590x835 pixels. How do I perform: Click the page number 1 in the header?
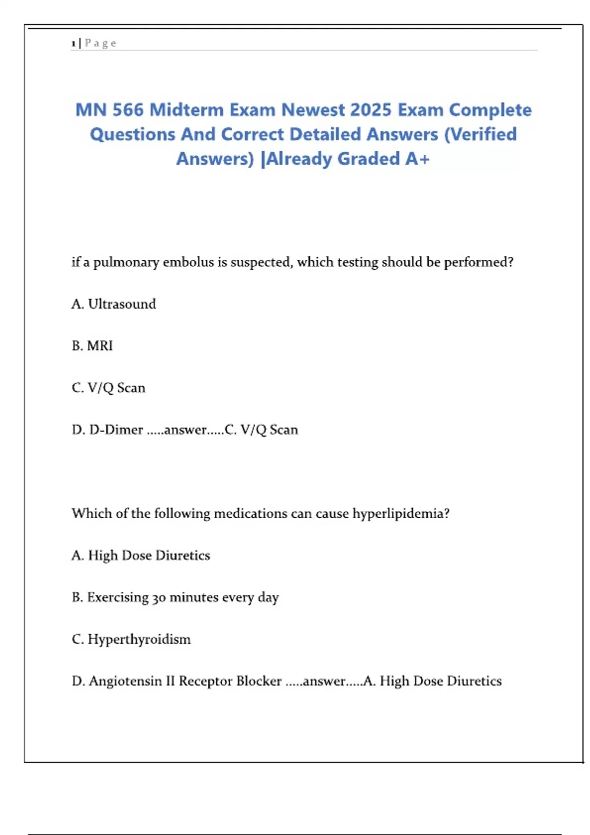point(73,44)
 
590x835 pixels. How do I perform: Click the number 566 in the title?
point(127,110)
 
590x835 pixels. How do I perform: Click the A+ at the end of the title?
point(417,159)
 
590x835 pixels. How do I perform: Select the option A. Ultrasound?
point(114,304)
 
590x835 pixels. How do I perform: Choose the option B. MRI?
point(92,346)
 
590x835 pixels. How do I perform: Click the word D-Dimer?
point(116,430)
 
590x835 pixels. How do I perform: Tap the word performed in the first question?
point(478,262)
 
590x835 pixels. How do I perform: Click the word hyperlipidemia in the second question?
point(400,514)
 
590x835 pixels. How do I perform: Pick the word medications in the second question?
point(251,513)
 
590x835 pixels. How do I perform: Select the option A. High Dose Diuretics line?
point(141,556)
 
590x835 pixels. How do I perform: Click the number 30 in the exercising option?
point(159,598)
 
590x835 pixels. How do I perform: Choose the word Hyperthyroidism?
point(139,640)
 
